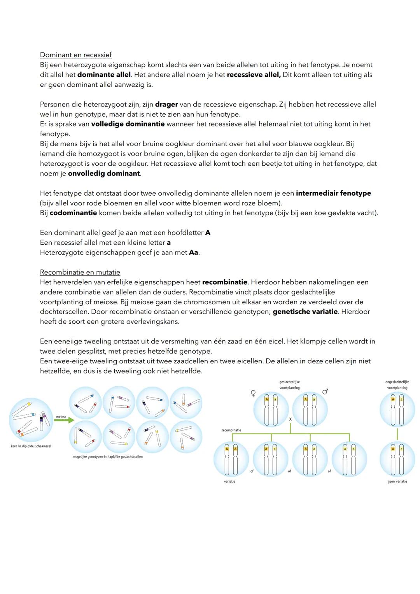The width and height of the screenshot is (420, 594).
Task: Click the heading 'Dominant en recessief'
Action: point(76,55)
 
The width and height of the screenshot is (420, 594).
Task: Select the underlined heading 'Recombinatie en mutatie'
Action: point(80,272)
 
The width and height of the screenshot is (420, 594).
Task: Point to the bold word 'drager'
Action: point(166,104)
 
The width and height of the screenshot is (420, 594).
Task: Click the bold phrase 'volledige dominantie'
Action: point(128,124)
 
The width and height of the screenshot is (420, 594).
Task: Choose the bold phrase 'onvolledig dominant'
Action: point(104,173)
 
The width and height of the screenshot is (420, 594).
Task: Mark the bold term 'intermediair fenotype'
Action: point(333,193)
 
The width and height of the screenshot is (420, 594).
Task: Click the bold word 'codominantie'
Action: point(73,213)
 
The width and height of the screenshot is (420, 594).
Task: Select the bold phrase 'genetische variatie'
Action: point(305,312)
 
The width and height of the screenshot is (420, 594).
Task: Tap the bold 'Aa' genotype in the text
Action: point(194,252)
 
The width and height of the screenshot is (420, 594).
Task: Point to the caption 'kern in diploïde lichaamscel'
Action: point(31,446)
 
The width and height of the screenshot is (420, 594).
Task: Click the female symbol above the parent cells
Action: point(253,393)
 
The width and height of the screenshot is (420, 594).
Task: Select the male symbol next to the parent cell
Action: point(325,392)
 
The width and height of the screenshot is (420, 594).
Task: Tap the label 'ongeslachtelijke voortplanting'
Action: point(397,385)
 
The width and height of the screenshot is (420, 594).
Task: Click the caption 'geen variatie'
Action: point(397,482)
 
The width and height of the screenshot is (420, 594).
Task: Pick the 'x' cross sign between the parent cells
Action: point(290,419)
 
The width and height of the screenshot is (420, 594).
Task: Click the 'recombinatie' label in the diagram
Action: point(231,430)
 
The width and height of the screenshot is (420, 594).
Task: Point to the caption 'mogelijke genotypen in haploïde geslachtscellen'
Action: point(108,457)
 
